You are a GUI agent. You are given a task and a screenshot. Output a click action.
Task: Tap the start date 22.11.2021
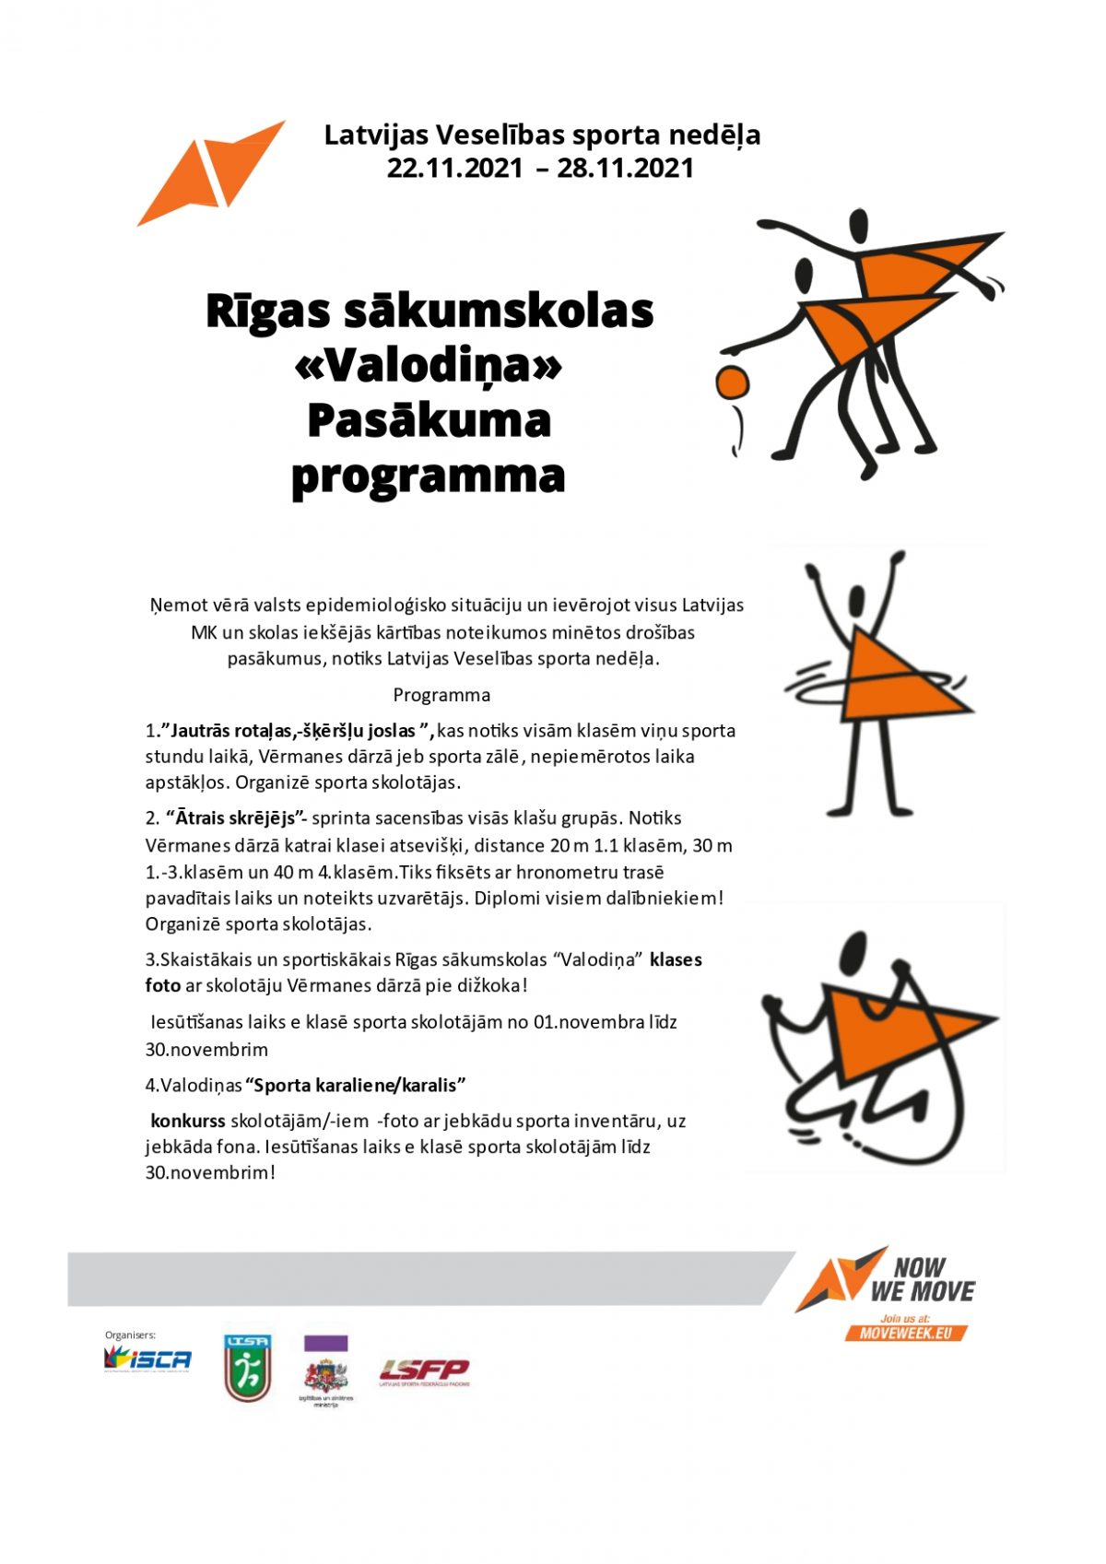click(x=453, y=169)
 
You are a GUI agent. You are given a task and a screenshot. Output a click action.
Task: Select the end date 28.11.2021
click(x=625, y=169)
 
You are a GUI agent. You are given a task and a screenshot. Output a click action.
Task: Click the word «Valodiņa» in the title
click(x=429, y=366)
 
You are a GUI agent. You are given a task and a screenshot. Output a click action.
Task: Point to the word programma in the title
click(x=429, y=476)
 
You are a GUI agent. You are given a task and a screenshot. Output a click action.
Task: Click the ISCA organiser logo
click(x=147, y=1358)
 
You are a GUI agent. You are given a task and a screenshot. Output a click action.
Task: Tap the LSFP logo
click(x=425, y=1371)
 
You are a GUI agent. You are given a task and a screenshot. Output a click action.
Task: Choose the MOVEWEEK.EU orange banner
click(x=906, y=1333)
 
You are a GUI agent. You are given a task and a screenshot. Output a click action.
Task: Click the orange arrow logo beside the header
click(x=211, y=173)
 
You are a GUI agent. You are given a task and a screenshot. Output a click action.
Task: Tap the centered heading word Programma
click(x=441, y=695)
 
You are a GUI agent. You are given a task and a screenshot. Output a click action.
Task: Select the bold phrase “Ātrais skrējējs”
click(x=236, y=818)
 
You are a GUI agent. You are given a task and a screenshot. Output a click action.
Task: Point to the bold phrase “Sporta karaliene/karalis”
click(x=356, y=1085)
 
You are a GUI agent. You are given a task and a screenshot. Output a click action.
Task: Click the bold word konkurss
click(x=188, y=1121)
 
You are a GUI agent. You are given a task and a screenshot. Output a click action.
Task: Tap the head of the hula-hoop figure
click(x=858, y=605)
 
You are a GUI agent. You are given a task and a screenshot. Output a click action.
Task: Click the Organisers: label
click(x=130, y=1335)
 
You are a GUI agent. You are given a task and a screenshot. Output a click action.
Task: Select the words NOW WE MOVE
click(x=922, y=1279)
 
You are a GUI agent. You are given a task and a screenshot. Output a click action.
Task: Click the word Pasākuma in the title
click(x=429, y=421)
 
